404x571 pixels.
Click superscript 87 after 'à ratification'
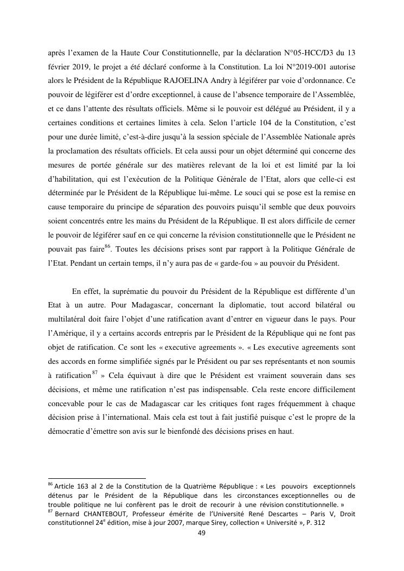coord(94,373)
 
